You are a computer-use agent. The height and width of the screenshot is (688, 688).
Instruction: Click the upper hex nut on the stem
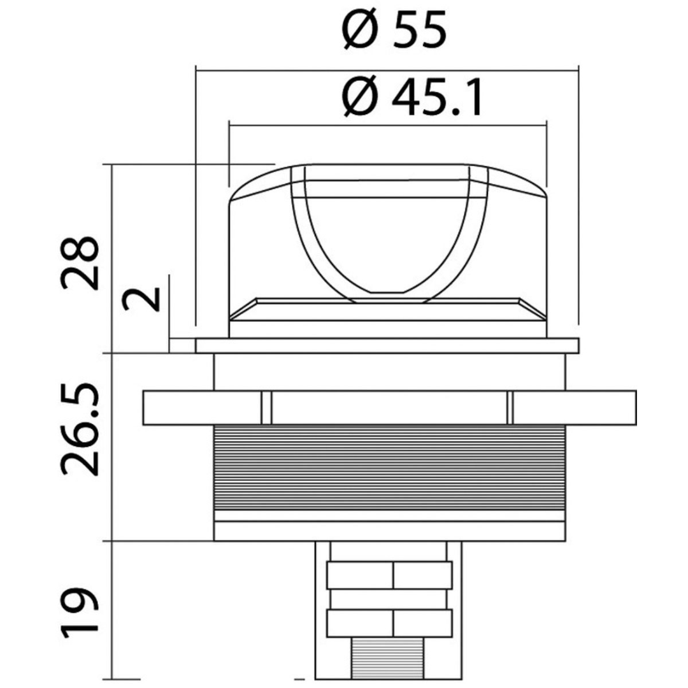coord(389,575)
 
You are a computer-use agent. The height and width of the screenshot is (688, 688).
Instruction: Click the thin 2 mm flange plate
coord(387,346)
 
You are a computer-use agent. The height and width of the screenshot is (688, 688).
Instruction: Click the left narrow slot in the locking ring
coord(267,408)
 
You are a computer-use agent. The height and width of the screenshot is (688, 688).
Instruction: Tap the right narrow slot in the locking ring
coord(510,408)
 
